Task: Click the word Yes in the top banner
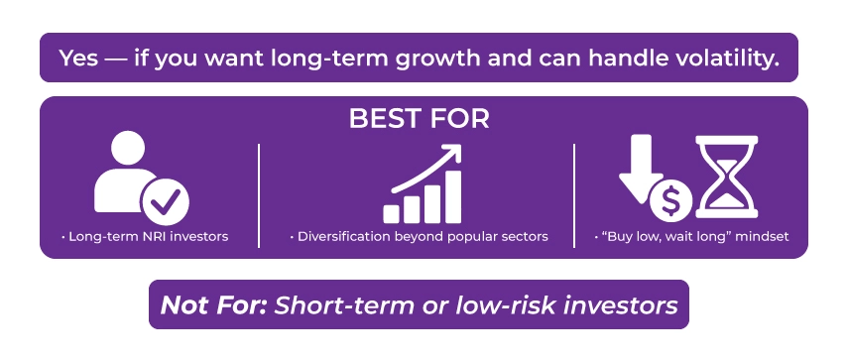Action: (x=78, y=59)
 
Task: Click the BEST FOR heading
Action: (x=419, y=118)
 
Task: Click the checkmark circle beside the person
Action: (x=165, y=203)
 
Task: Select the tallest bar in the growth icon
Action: (x=451, y=196)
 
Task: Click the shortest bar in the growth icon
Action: (x=392, y=213)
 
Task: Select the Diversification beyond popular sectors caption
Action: (x=418, y=238)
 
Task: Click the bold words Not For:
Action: (x=213, y=304)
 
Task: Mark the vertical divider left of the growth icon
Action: (x=259, y=194)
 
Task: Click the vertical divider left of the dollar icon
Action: (x=574, y=194)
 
